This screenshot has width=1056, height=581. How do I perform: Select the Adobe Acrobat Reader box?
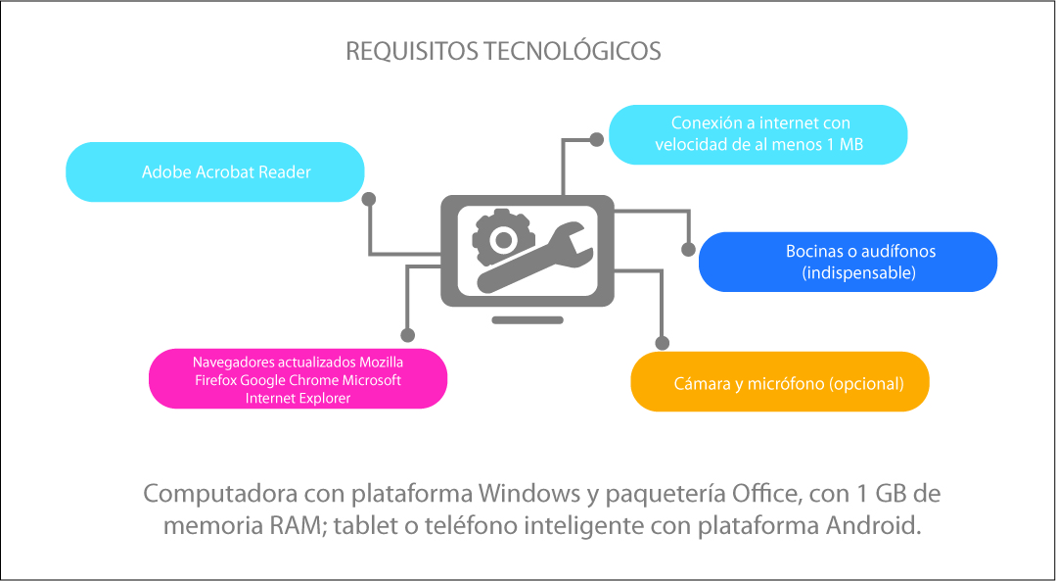(x=215, y=171)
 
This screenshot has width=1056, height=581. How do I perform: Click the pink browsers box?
(x=298, y=379)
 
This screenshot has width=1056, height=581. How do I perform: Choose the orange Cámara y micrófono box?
(x=780, y=381)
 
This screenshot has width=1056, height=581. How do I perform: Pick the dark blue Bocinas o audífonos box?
(x=848, y=263)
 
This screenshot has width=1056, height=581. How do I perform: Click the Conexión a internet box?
(x=758, y=135)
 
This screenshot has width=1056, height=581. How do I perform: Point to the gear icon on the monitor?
(x=502, y=238)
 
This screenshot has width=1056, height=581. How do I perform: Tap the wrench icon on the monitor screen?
(x=535, y=257)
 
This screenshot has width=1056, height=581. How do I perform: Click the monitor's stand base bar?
(x=528, y=320)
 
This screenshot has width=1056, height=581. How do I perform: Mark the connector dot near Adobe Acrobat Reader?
(x=368, y=199)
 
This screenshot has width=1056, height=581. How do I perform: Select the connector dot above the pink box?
(x=407, y=335)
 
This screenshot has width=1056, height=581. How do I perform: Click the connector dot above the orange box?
(x=662, y=343)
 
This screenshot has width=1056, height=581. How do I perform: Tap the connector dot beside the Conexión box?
(x=597, y=139)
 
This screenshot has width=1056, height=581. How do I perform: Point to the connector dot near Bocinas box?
(x=688, y=250)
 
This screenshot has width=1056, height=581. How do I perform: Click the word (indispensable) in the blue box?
(x=858, y=273)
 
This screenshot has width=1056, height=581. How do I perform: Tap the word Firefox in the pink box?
(x=216, y=380)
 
